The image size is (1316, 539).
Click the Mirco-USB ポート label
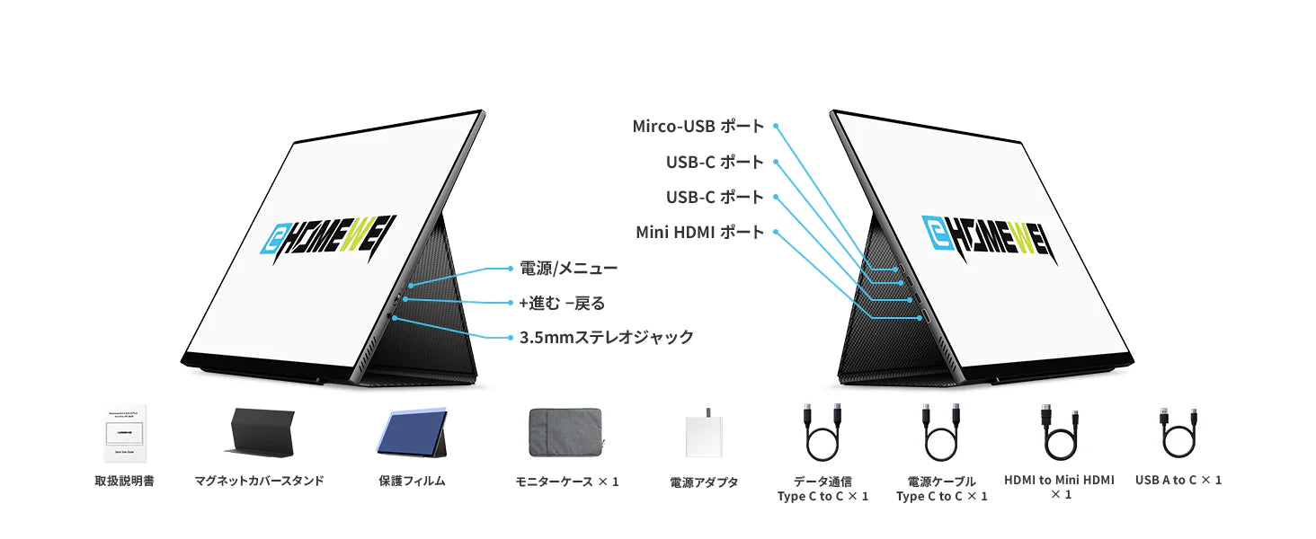tap(698, 127)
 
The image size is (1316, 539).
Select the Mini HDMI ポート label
tap(699, 233)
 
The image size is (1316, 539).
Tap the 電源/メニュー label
tap(568, 269)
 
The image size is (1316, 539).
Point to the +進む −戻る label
tap(562, 303)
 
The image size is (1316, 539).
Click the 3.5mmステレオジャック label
tap(607, 337)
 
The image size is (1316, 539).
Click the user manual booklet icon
tap(124, 434)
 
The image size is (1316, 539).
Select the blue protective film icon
tap(412, 434)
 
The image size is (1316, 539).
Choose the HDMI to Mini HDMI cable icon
tap(1058, 433)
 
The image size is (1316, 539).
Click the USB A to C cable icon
tap(1178, 433)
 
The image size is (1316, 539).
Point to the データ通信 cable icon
tap(822, 433)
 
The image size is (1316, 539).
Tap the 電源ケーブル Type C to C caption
tap(941, 489)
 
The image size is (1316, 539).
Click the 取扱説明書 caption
tap(124, 482)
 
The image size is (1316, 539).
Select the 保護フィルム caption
tap(412, 482)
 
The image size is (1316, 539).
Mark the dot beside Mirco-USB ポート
tap(776, 127)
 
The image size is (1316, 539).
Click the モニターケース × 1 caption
tap(566, 482)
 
